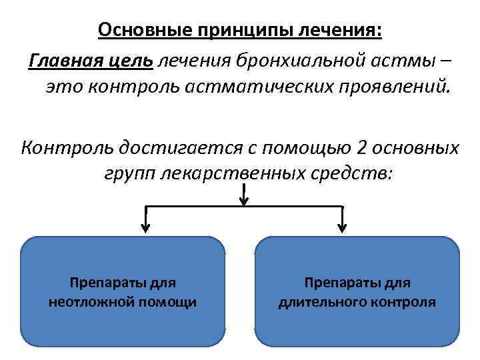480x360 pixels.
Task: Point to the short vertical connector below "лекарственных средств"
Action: [x=245, y=197]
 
